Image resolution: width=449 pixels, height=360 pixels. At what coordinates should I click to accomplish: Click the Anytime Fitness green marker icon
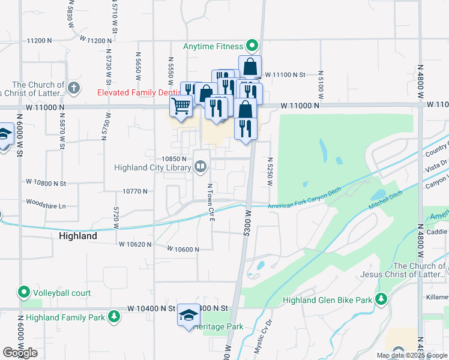(x=252, y=46)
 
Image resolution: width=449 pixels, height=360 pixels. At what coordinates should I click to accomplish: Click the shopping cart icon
(x=181, y=107)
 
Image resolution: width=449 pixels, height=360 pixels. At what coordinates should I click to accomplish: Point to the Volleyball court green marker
(x=24, y=293)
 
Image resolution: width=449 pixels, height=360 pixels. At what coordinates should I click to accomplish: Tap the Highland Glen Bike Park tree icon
(x=381, y=299)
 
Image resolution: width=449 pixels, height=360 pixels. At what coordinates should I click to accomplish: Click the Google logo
(x=20, y=353)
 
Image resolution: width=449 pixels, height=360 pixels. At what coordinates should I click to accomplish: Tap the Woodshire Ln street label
(x=46, y=205)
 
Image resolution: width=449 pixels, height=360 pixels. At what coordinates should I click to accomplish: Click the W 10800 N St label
(x=46, y=181)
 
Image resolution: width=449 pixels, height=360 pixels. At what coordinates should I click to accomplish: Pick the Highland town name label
(x=78, y=236)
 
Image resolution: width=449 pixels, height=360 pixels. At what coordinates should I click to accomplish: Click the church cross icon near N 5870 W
(x=73, y=89)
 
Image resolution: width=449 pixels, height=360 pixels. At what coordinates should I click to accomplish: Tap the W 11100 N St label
(x=286, y=74)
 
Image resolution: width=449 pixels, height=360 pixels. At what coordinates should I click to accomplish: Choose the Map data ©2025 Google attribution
(x=411, y=355)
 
